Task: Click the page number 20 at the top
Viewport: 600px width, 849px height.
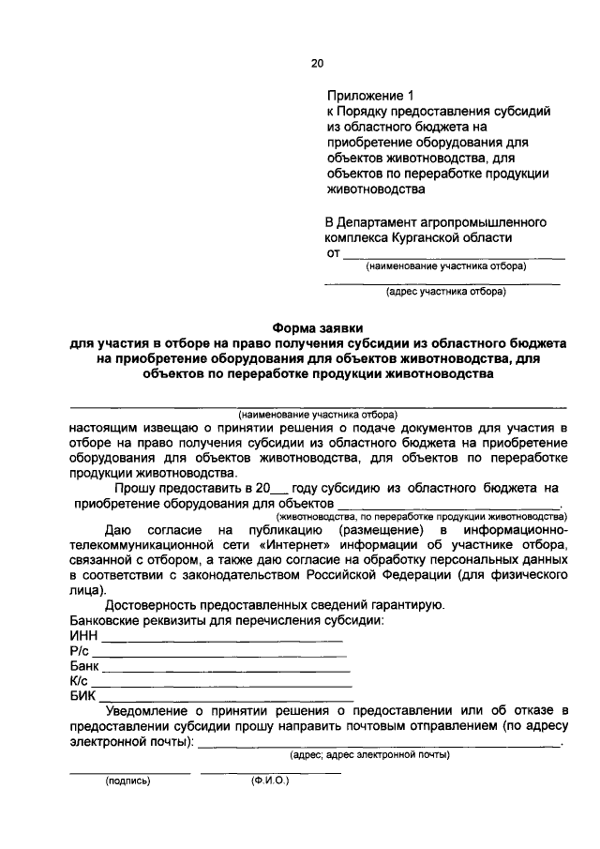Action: pos(317,64)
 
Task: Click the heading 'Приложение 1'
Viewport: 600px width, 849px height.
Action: pos(368,96)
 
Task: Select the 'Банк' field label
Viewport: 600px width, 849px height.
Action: pos(85,666)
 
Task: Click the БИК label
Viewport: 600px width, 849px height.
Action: pos(83,696)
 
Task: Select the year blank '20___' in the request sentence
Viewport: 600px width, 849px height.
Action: pos(273,488)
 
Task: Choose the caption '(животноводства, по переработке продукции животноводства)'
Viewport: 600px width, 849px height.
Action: pos(420,516)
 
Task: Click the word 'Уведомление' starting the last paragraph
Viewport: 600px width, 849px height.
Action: pos(149,711)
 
